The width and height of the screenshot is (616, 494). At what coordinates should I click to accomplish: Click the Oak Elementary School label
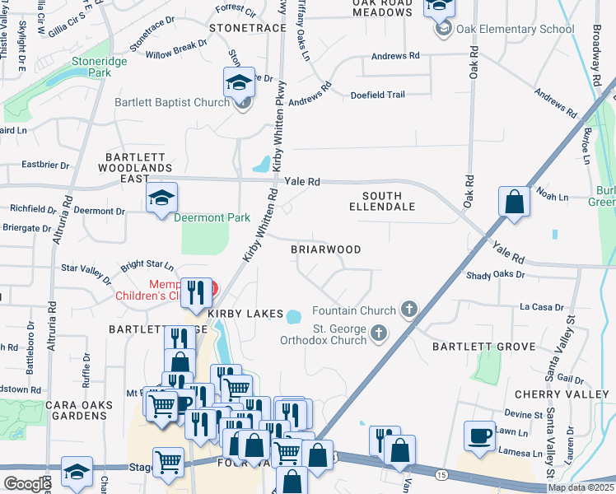516,30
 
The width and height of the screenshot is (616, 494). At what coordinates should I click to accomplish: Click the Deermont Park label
211,217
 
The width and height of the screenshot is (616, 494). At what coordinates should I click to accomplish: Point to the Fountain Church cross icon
408,310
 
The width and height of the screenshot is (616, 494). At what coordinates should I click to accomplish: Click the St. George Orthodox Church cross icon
379,333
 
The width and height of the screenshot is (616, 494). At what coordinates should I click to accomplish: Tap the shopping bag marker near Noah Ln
514,203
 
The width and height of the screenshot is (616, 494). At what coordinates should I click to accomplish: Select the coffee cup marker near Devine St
479,436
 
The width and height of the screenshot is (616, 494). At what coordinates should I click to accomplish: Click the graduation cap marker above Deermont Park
161,198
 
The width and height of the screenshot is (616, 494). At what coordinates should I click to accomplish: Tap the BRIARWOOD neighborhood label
326,249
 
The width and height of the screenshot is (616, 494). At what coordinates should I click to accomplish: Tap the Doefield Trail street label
377,95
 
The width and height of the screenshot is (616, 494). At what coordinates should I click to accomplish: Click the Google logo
27,484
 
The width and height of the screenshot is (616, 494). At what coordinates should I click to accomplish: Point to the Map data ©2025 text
581,487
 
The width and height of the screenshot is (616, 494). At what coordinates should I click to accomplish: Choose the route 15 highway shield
442,475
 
